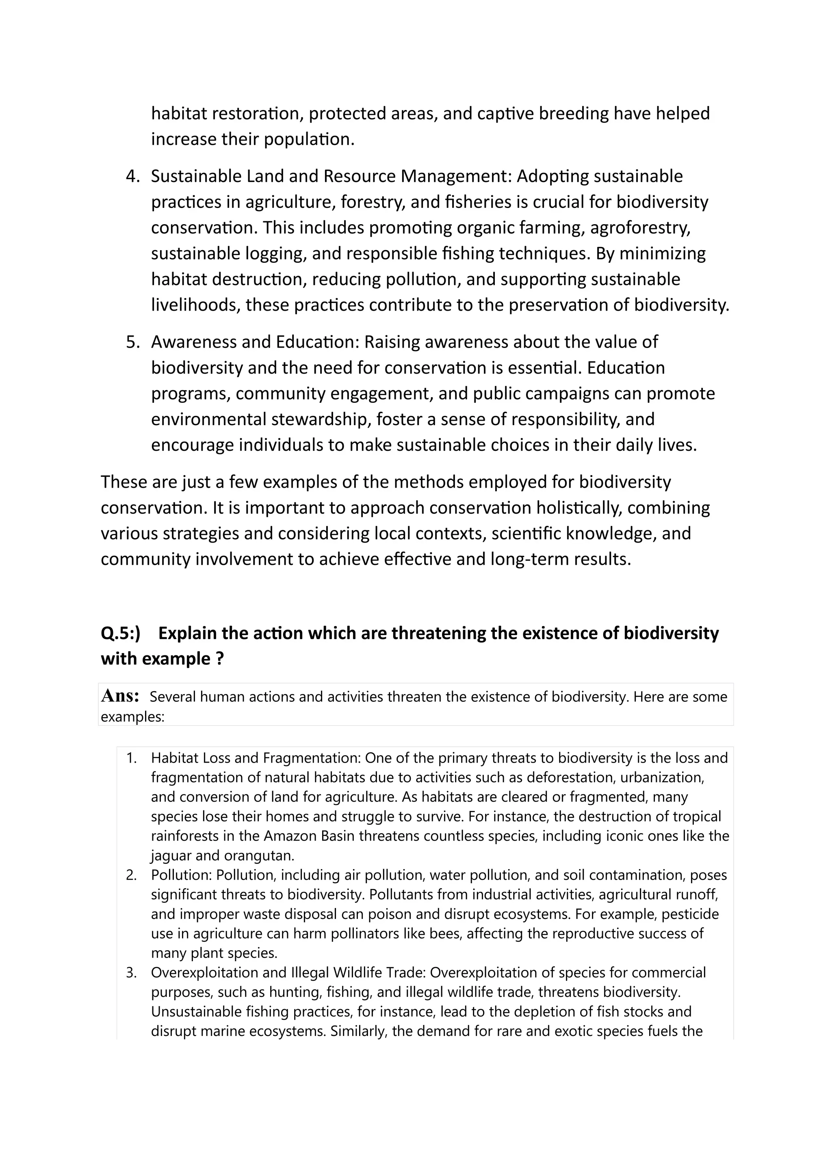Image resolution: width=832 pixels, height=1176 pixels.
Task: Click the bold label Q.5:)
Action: tap(120, 633)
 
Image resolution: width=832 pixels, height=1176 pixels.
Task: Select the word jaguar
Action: tap(171, 855)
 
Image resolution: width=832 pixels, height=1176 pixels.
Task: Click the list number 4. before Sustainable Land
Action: tap(133, 176)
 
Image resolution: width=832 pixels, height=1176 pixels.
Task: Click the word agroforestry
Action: tap(640, 227)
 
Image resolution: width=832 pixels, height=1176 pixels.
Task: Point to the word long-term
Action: tap(529, 559)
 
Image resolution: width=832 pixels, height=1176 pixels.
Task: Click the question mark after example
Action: tap(220, 659)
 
